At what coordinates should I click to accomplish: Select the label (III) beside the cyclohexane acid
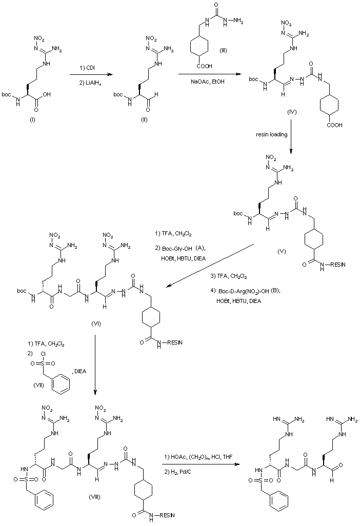(x=223, y=51)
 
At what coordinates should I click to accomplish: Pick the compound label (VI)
(x=96, y=323)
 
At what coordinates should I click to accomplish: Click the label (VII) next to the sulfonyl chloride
(x=38, y=385)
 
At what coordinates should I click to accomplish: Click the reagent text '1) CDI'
(x=87, y=68)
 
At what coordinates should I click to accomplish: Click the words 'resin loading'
(x=272, y=134)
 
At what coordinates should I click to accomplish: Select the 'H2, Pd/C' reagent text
(x=182, y=472)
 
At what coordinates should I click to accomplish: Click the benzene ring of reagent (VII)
(x=61, y=383)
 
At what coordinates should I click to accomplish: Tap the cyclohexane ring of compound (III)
(x=199, y=46)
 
